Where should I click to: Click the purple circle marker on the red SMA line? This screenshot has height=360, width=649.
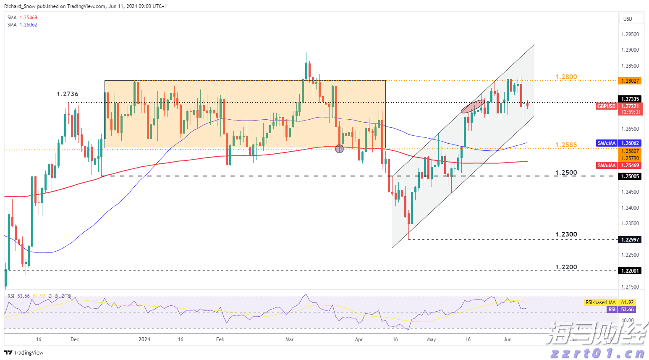click(340, 149)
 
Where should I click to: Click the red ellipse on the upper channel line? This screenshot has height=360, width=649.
click(473, 107)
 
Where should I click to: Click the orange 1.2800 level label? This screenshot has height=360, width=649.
click(566, 77)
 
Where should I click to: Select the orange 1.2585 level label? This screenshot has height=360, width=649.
click(566, 145)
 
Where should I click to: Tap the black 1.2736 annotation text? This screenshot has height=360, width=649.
click(68, 94)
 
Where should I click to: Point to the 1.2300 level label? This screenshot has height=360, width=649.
click(566, 234)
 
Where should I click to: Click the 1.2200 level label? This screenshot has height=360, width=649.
click(566, 267)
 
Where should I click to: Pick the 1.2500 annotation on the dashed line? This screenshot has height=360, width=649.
click(566, 173)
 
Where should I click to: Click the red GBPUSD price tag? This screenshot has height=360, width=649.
click(606, 106)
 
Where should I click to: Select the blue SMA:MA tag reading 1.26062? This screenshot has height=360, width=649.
click(607, 143)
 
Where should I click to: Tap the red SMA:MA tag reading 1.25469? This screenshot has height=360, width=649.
click(607, 166)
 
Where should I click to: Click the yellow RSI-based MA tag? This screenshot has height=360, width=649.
click(601, 302)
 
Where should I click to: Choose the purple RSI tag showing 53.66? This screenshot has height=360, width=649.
click(612, 310)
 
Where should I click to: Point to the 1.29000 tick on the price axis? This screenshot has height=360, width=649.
click(630, 50)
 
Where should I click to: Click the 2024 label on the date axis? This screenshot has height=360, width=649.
click(144, 339)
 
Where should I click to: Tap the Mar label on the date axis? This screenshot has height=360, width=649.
click(289, 339)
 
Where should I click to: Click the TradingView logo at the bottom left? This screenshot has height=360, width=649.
click(24, 352)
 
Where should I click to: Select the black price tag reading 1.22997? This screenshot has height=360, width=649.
click(630, 239)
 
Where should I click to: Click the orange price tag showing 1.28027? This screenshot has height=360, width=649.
click(630, 81)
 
